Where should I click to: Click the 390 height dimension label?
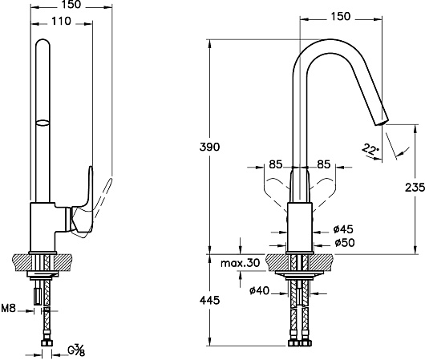(x=209, y=148)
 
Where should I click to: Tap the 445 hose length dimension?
(x=209, y=301)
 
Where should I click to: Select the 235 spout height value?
(x=415, y=188)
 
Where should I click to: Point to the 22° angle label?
(x=370, y=149)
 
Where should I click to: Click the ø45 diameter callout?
(x=343, y=229)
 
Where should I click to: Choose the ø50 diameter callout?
(x=345, y=243)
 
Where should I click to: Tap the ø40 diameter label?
(x=259, y=291)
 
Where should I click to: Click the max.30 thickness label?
(x=240, y=263)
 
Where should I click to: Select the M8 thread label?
(x=9, y=308)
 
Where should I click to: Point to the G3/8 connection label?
(x=76, y=350)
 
